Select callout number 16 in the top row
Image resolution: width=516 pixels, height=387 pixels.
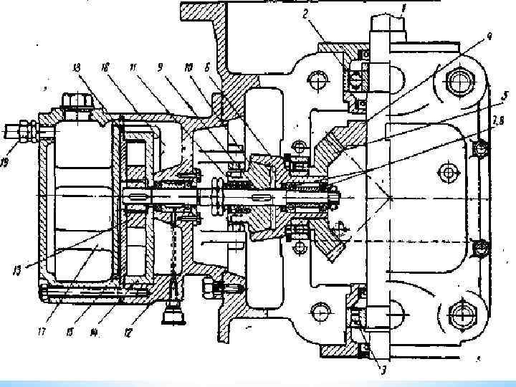(x=105, y=67)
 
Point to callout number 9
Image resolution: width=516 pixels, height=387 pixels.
(x=160, y=67)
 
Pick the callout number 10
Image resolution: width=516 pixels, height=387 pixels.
(x=187, y=67)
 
